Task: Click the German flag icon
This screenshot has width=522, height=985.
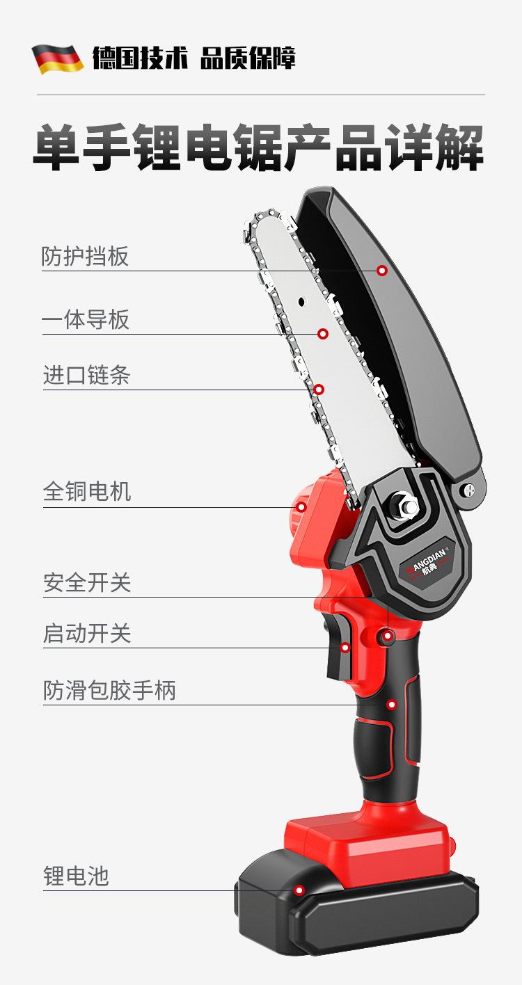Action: [x=58, y=59]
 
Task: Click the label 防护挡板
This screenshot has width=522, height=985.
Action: [x=85, y=256]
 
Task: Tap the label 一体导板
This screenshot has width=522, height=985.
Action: [x=86, y=320]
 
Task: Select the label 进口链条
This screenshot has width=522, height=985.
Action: [x=87, y=376]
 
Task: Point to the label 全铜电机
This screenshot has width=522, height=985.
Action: [x=87, y=491]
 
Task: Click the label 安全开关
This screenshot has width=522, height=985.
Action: [x=87, y=583]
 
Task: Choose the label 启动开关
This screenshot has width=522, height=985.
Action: [x=87, y=634]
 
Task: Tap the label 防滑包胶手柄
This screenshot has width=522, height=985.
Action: [x=109, y=690]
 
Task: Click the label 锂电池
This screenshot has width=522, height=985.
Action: [x=76, y=876]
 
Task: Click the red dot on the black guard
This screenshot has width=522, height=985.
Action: [x=382, y=271]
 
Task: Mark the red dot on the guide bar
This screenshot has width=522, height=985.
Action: [x=323, y=334]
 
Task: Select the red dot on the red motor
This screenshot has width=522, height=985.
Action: [x=301, y=507]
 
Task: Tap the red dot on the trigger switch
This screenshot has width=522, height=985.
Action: [x=345, y=648]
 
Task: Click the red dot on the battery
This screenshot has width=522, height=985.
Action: [x=300, y=890]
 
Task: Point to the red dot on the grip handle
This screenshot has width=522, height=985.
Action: [x=392, y=705]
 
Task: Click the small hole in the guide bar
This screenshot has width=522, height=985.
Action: [x=301, y=302]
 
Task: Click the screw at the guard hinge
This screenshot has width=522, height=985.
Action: [x=470, y=488]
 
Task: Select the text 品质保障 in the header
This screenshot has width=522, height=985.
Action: [x=248, y=58]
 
